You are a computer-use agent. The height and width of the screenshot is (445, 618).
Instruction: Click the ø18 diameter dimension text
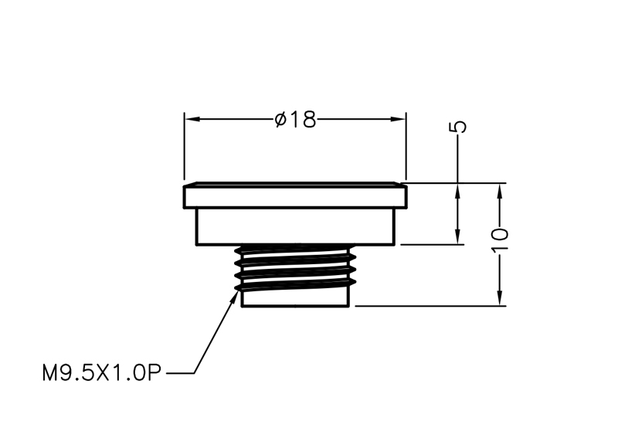(295, 120)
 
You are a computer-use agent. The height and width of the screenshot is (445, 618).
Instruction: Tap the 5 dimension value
(458, 127)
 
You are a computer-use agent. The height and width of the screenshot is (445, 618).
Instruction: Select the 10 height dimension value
(500, 239)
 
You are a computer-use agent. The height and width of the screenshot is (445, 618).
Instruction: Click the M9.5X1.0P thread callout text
(102, 372)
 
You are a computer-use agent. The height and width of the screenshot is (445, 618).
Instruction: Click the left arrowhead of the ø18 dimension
(192, 119)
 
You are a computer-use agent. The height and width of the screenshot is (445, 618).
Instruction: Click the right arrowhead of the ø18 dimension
(398, 119)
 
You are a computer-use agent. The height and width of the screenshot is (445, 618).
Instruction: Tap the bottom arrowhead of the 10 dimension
(500, 298)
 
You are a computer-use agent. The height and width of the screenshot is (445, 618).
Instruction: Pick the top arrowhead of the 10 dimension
(500, 191)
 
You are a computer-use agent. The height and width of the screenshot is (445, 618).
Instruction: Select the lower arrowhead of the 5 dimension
(457, 237)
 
